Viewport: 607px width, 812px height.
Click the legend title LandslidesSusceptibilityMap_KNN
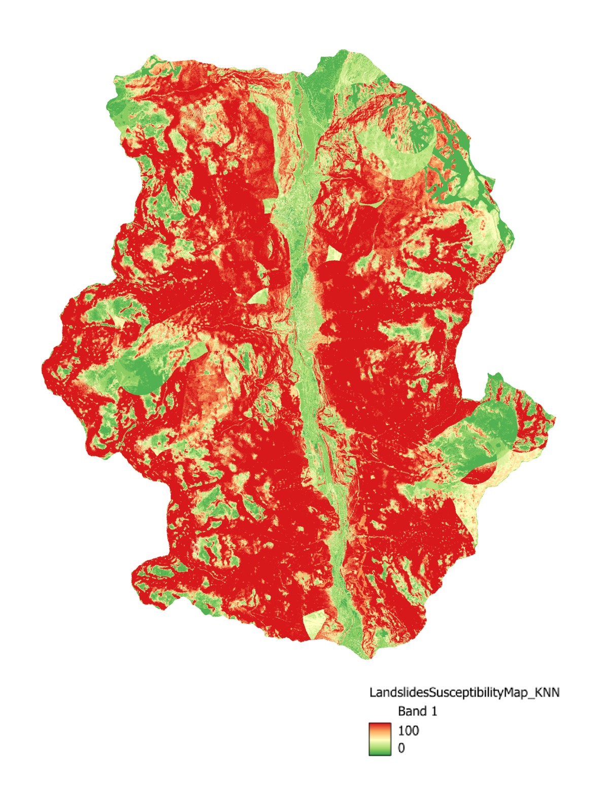click(x=464, y=692)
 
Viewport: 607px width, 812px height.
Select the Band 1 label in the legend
click(x=417, y=711)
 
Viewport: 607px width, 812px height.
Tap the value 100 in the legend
click(x=409, y=730)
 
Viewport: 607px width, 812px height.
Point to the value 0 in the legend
click(x=401, y=748)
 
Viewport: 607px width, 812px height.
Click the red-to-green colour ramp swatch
click(x=380, y=739)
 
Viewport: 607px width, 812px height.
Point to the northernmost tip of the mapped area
click(x=345, y=50)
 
